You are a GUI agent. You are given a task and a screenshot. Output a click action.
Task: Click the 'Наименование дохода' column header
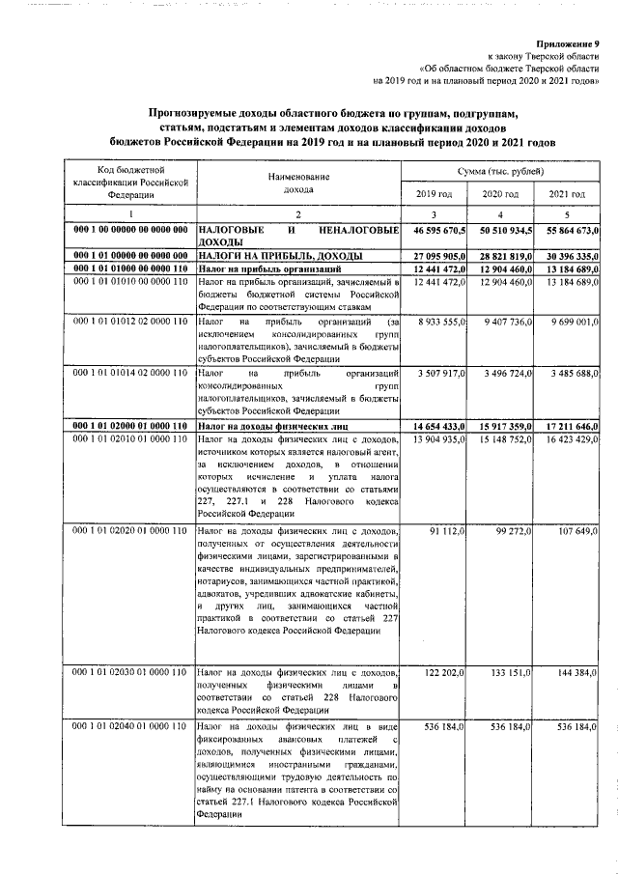click(298, 183)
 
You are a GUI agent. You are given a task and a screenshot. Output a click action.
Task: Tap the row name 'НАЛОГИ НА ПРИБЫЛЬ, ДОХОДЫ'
click(267, 254)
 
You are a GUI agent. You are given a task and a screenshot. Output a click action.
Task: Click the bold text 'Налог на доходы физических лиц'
click(272, 425)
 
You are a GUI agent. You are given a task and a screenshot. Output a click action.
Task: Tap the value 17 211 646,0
click(570, 425)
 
